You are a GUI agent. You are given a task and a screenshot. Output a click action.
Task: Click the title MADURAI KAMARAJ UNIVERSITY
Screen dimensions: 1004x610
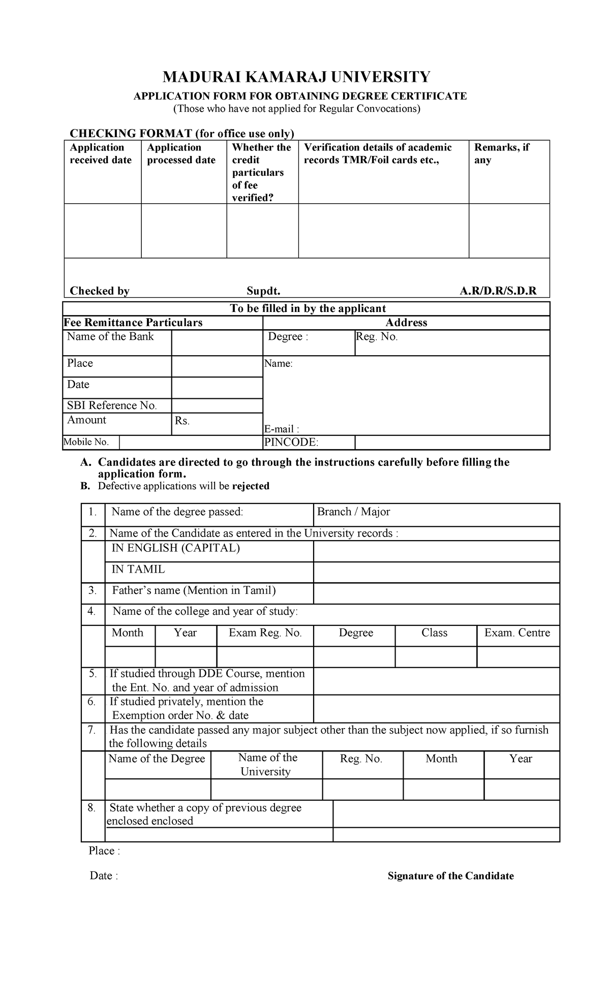pyautogui.click(x=296, y=77)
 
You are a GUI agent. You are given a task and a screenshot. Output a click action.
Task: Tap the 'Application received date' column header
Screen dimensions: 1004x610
pyautogui.click(x=101, y=153)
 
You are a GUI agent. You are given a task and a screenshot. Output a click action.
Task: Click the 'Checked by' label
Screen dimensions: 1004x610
pyautogui.click(x=100, y=291)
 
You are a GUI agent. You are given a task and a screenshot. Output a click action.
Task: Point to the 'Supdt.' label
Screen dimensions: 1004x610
pyautogui.click(x=263, y=291)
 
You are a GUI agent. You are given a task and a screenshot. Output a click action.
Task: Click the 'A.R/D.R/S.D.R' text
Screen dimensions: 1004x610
pyautogui.click(x=498, y=291)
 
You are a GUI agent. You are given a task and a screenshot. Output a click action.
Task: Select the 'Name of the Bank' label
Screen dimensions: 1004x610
pyautogui.click(x=110, y=337)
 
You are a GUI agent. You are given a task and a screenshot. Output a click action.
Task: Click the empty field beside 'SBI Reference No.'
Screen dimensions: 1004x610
pyautogui.click(x=217, y=405)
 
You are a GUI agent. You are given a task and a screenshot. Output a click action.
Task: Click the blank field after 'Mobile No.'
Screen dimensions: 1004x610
pyautogui.click(x=191, y=443)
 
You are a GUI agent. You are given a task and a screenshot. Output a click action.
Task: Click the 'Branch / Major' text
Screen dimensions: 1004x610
pyautogui.click(x=353, y=512)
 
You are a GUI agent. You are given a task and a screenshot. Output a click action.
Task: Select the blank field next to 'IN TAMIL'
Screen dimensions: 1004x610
pyautogui.click(x=436, y=573)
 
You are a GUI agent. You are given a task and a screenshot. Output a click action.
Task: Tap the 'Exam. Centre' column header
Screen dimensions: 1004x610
pyautogui.click(x=517, y=633)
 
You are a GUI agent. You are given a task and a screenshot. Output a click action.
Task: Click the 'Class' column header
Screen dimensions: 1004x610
pyautogui.click(x=435, y=633)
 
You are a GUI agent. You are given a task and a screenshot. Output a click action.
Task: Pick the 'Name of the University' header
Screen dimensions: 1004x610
pyautogui.click(x=265, y=765)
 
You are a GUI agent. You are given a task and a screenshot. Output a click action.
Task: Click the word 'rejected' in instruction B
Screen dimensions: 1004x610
pyautogui.click(x=251, y=486)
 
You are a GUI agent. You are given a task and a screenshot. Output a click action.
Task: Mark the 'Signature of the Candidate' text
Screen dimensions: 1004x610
pyautogui.click(x=450, y=876)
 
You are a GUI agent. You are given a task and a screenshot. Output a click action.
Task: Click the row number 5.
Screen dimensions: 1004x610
pyautogui.click(x=93, y=674)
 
